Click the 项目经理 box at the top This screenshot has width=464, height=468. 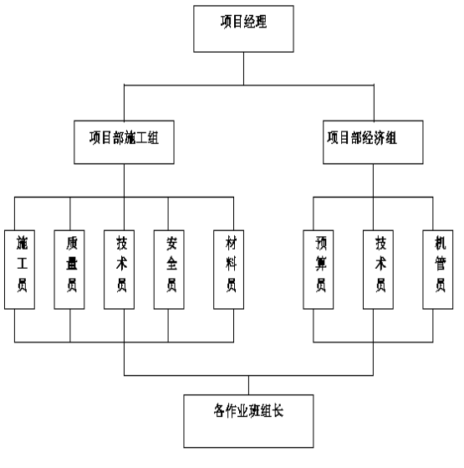(x=243, y=28)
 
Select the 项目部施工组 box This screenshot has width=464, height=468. (x=124, y=142)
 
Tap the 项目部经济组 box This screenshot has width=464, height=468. (x=373, y=142)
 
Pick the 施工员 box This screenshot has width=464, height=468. (x=20, y=270)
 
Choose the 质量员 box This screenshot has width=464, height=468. (x=69, y=270)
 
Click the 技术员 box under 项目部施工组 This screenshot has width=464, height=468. (x=119, y=270)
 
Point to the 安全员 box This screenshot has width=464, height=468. (x=169, y=270)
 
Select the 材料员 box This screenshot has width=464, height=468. (x=228, y=270)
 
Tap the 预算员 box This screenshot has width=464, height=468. (x=319, y=270)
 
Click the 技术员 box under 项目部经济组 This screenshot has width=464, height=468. (x=378, y=270)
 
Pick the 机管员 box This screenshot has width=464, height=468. (x=438, y=270)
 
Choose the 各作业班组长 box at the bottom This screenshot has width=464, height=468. (x=248, y=421)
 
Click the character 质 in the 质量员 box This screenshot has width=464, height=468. (x=72, y=243)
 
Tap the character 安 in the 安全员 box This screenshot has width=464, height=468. (x=171, y=243)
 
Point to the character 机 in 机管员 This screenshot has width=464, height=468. (x=441, y=243)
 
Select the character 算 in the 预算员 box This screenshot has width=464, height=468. (x=321, y=264)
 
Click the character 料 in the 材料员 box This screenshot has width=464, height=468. (x=232, y=264)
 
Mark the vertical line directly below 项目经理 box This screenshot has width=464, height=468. (x=243, y=69)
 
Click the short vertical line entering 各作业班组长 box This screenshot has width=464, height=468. (x=248, y=385)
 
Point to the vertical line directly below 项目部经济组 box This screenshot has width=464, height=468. (x=373, y=181)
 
